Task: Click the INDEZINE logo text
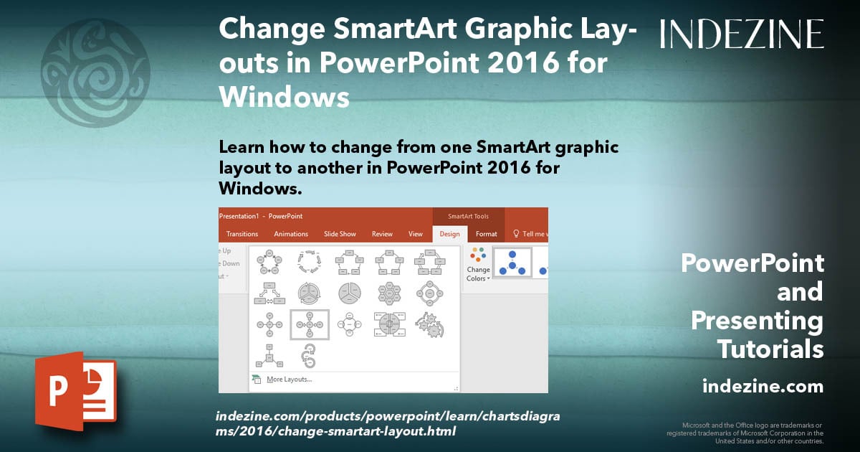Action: click(742, 34)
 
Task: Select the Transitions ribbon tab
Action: click(242, 234)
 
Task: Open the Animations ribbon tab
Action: click(291, 234)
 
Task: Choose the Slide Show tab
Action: click(340, 234)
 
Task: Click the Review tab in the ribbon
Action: click(382, 234)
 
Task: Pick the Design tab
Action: click(450, 234)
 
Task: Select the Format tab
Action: click(487, 234)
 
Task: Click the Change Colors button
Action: click(478, 265)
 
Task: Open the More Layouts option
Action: click(288, 380)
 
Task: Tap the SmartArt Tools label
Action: click(469, 216)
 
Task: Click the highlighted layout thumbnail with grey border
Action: click(310, 324)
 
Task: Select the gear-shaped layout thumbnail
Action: click(429, 324)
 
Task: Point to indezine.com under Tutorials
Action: click(763, 387)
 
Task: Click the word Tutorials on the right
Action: click(770, 349)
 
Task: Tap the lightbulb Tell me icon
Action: click(516, 234)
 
